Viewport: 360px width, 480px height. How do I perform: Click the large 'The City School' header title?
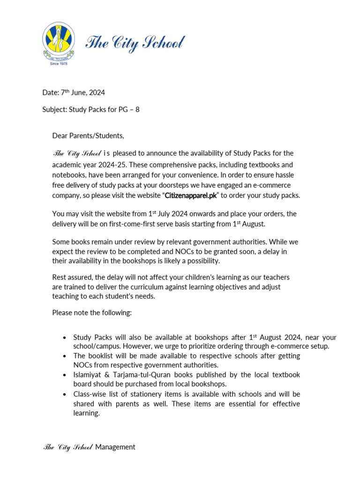click(135, 44)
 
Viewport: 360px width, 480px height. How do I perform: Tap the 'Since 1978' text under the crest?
click(59, 63)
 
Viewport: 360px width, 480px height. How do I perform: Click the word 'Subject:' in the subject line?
click(54, 110)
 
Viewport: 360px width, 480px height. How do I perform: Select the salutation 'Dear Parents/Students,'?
click(88, 136)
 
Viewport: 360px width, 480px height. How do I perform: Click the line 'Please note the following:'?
click(92, 313)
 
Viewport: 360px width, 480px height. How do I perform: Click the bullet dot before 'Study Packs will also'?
click(64, 338)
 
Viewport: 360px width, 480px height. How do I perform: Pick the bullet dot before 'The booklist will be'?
click(64, 356)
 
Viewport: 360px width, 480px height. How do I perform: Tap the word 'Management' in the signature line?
click(115, 447)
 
